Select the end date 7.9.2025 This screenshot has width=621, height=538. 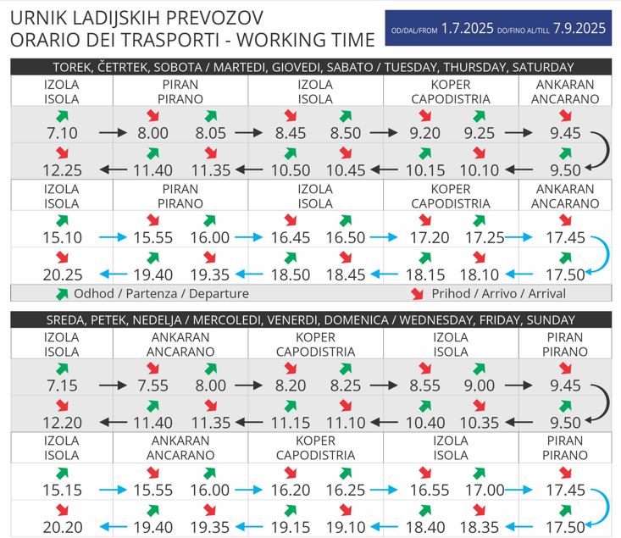point(579,28)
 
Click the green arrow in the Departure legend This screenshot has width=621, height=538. point(61,294)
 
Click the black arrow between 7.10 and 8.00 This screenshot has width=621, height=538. point(111,133)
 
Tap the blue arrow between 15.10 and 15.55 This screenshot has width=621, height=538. point(111,238)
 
